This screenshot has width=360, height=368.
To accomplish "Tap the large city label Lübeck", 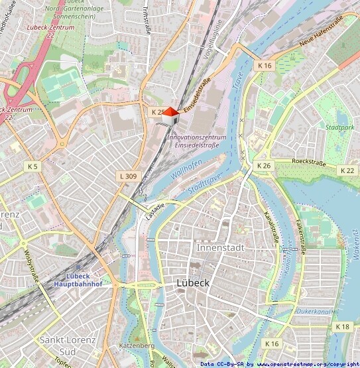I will pos(194,282).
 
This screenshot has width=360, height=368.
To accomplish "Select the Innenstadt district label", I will pos(221,247).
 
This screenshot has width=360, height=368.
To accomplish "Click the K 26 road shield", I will pos(264,165).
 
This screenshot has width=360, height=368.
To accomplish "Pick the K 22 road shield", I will pos(347,170).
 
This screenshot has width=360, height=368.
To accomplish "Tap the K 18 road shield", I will pos(343,327).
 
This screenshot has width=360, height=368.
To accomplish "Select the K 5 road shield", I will pos(33,165).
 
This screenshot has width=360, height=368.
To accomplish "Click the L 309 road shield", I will pos(128,176).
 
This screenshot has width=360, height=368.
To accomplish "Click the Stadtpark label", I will pos(331,127).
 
